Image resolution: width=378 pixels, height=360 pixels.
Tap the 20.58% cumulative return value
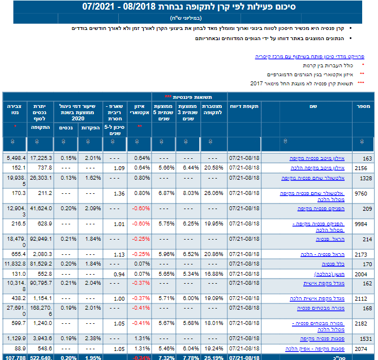coord(214,168)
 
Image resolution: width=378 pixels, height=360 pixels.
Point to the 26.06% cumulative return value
coord(214,193)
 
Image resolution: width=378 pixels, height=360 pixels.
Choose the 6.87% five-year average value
coord(165,193)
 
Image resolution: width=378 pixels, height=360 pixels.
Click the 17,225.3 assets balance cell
coord(41,158)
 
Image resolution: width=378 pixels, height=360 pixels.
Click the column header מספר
coord(363,106)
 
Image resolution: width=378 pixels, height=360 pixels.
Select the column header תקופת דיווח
coord(244,106)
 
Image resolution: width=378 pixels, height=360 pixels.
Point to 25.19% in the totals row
coord(214,357)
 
